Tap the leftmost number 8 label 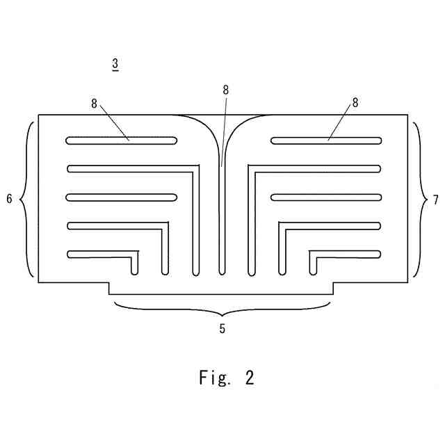click(x=94, y=103)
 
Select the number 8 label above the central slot click(x=225, y=90)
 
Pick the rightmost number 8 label click(x=355, y=103)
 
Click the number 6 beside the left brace click(x=9, y=200)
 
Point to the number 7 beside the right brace click(x=435, y=200)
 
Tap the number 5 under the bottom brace click(x=222, y=329)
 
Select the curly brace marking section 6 click(x=26, y=200)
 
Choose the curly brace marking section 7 click(x=419, y=200)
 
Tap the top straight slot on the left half click(x=122, y=140)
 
